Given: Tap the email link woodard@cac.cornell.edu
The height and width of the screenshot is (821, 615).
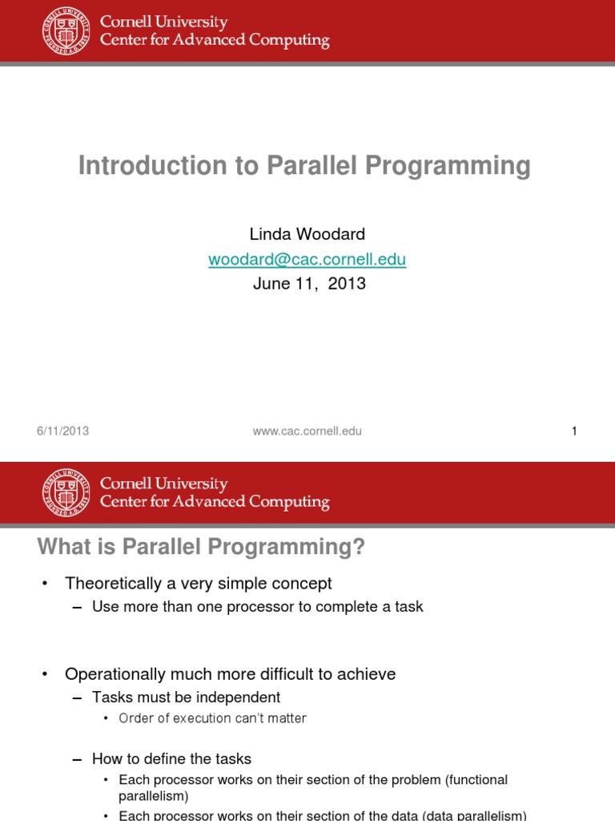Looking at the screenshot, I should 307,259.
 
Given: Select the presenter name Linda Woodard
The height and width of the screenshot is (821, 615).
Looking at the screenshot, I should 307,234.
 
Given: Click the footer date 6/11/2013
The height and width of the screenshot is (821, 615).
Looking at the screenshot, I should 62,431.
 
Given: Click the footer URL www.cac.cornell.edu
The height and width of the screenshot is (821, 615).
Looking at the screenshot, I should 307,431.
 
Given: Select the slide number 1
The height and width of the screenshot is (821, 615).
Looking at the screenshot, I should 574,431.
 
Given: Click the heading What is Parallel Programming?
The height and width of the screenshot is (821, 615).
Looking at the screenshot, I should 201,547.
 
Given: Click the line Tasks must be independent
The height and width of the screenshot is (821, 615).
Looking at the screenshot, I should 186,698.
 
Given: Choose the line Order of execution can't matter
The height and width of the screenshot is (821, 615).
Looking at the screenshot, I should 212,718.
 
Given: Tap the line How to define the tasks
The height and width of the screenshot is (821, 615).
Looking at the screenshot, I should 171,758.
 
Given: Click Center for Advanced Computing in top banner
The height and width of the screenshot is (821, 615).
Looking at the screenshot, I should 214,40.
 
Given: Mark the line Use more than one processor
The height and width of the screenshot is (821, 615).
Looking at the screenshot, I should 257,607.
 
